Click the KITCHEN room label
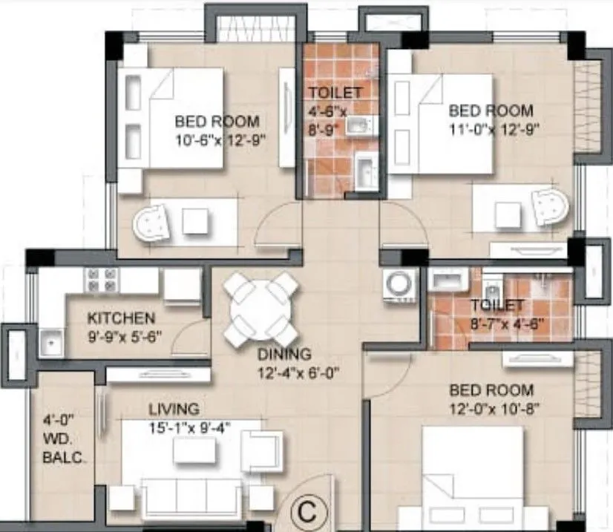(122, 318)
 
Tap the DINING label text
(284, 355)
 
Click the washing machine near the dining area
(399, 287)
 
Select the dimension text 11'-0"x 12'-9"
(491, 128)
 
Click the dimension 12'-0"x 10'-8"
(491, 407)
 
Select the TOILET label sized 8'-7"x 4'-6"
(497, 306)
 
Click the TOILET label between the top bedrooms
(335, 93)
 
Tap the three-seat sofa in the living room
(189, 495)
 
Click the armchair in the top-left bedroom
(153, 221)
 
